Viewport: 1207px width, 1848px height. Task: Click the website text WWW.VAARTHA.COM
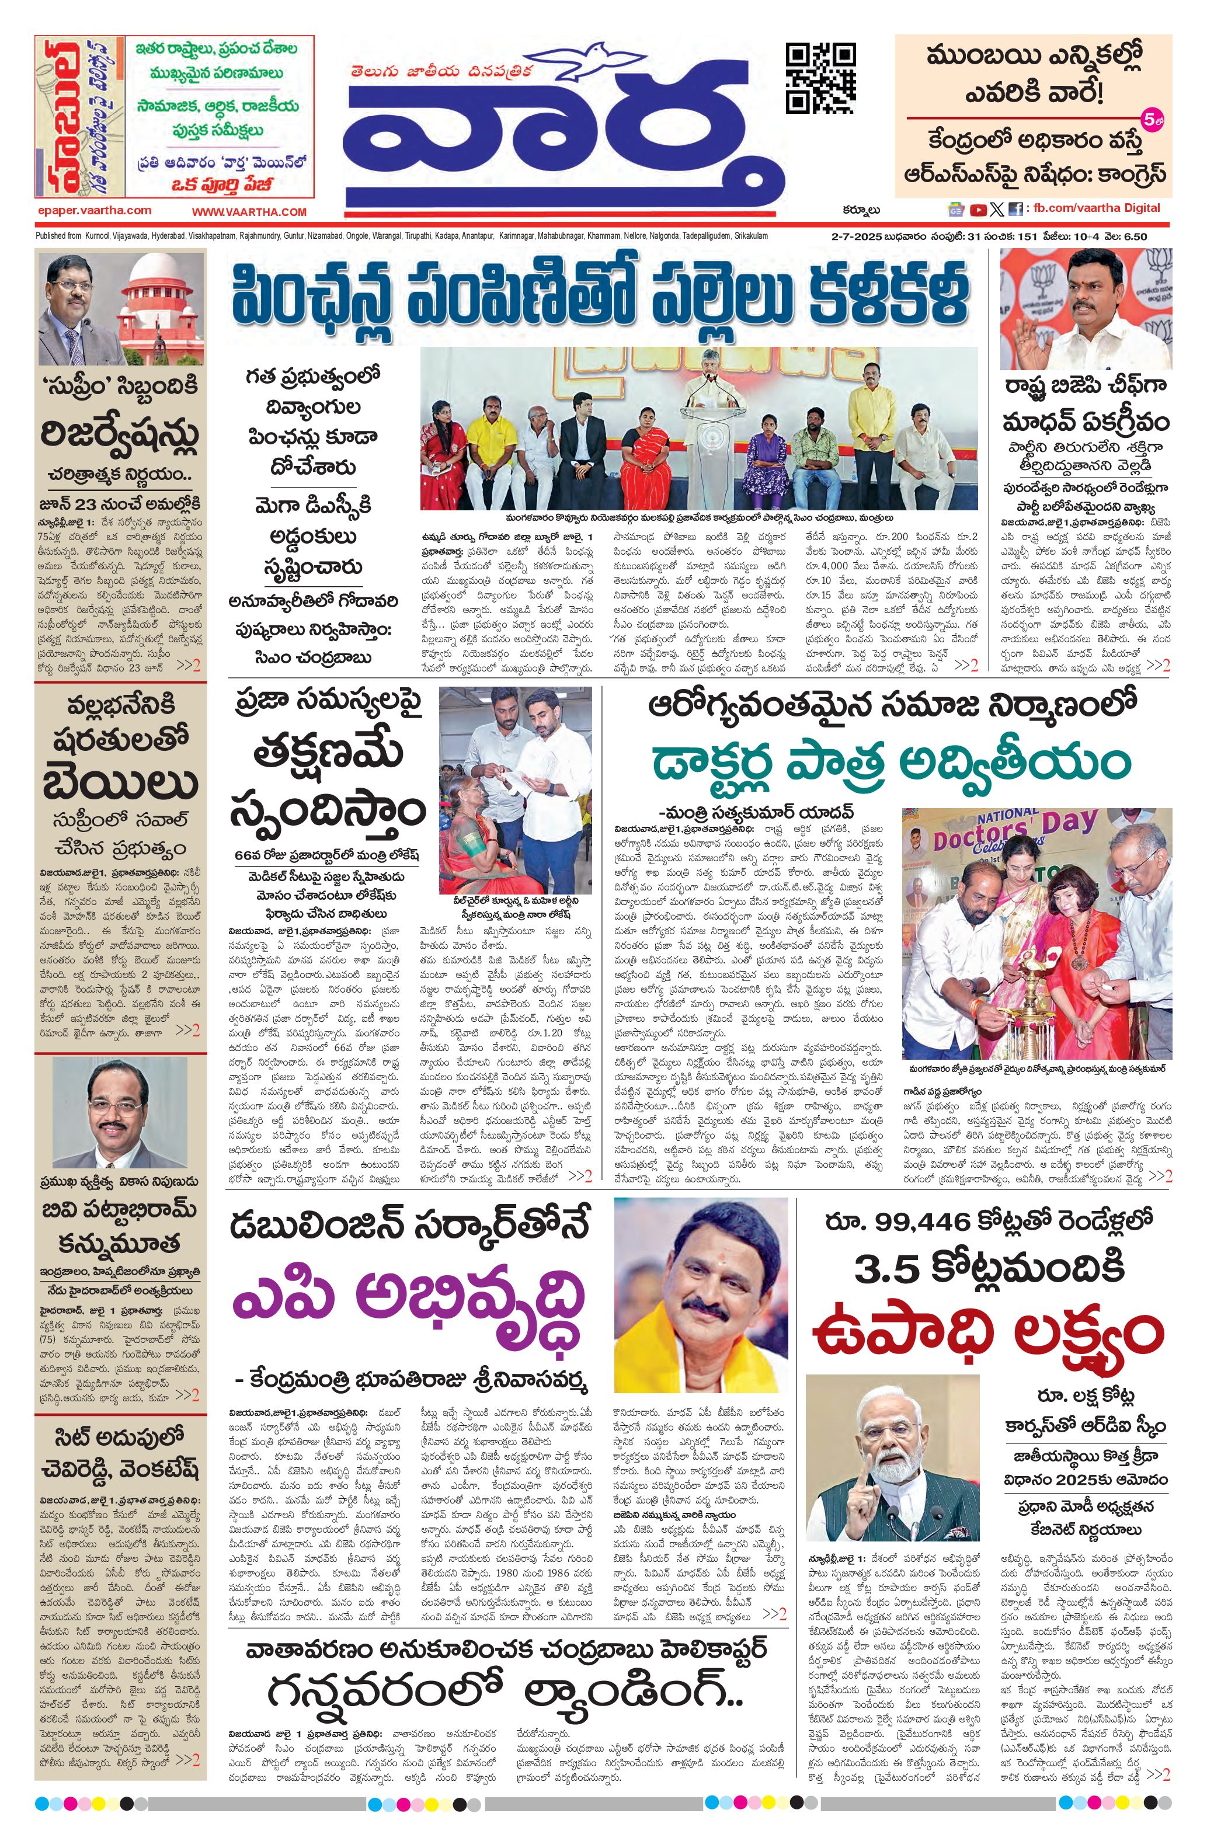tap(249, 211)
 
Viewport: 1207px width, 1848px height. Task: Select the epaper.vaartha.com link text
tap(94, 210)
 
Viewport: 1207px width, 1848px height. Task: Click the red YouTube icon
tap(977, 209)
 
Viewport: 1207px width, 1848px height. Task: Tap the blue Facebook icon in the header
tap(1014, 209)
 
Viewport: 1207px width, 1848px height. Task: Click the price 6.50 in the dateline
tap(1134, 236)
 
